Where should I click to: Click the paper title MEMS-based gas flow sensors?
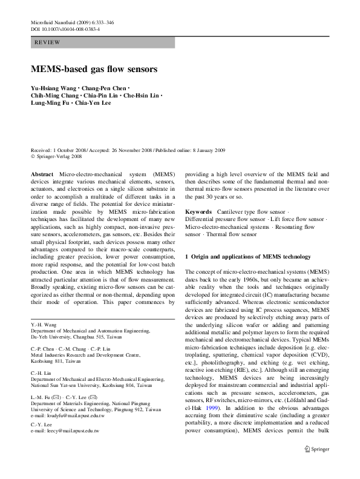coord(94,69)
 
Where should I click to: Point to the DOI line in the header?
coord(65,28)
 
